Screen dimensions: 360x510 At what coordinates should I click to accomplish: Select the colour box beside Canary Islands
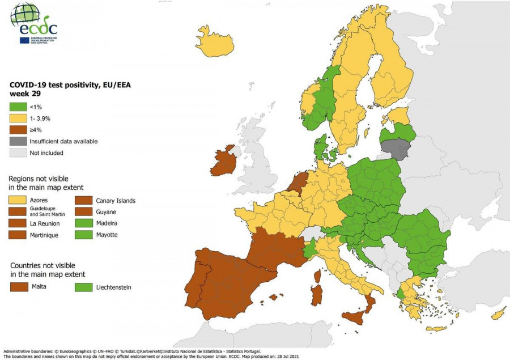pyautogui.click(x=83, y=201)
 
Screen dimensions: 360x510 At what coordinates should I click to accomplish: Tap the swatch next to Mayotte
pyautogui.click(x=83, y=235)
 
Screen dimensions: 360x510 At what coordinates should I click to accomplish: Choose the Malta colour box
pyautogui.click(x=19, y=287)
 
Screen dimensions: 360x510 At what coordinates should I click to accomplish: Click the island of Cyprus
pyautogui.click(x=498, y=313)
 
